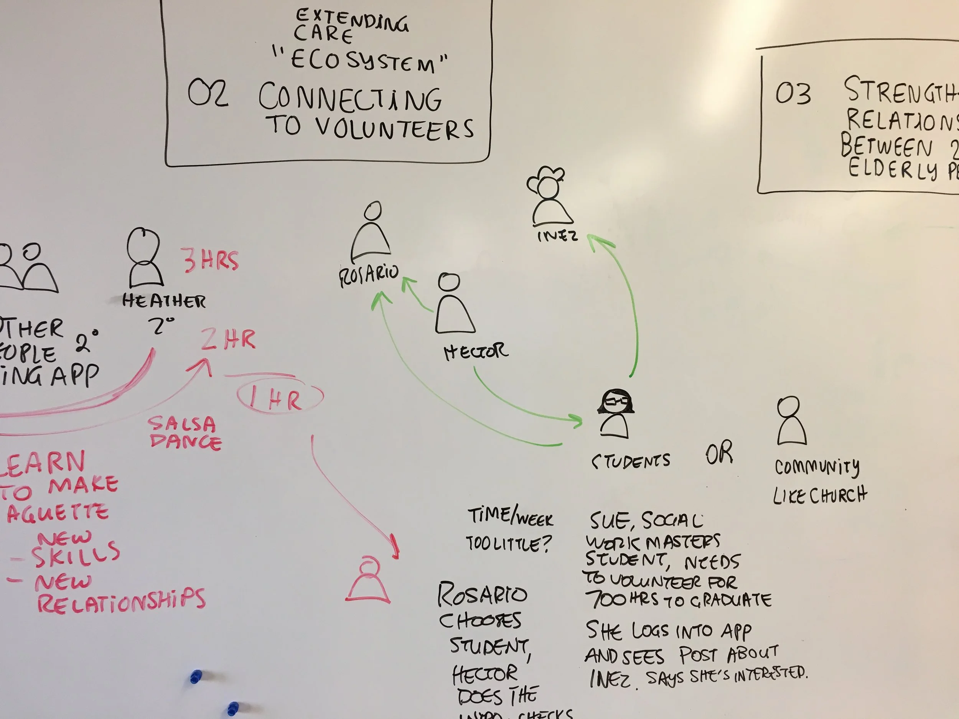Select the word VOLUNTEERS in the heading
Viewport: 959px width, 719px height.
[x=394, y=129]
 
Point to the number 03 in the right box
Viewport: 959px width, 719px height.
[x=793, y=94]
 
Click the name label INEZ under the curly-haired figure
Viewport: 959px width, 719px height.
[x=557, y=236]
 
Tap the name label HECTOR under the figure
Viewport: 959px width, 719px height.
[x=476, y=352]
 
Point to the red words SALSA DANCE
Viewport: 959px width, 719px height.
[x=184, y=433]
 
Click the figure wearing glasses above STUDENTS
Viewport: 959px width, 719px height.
[x=615, y=414]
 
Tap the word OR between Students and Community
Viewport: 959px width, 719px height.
[x=719, y=453]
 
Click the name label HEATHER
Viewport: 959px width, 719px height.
[x=164, y=301]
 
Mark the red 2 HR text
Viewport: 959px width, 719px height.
[x=228, y=340]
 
